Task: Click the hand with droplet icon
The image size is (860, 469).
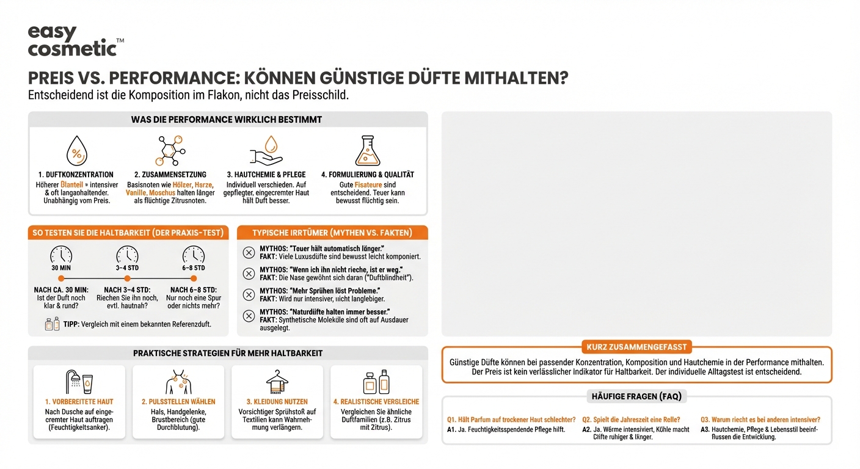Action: (266, 150)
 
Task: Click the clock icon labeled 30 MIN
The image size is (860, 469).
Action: (61, 254)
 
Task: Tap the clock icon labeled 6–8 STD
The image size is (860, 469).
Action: (194, 254)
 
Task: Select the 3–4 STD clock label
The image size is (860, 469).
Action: (127, 267)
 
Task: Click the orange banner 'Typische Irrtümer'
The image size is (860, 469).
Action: (332, 233)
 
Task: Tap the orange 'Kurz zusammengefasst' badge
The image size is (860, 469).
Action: (637, 347)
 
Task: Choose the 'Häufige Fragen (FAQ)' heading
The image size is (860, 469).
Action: (637, 396)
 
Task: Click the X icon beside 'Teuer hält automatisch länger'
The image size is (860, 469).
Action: (249, 253)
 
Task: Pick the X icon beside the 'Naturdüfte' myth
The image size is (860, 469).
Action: (249, 316)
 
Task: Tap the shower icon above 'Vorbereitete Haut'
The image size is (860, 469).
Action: (79, 382)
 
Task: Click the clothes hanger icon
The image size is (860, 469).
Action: (277, 382)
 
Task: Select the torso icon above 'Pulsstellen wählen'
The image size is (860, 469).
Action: (178, 382)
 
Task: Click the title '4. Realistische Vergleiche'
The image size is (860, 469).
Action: (376, 402)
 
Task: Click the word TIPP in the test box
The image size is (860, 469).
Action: (71, 324)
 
